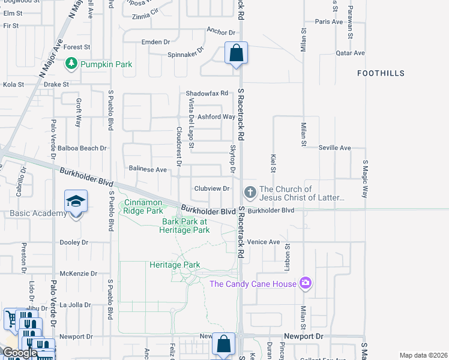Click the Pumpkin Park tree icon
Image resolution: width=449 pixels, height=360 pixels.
click(71, 63)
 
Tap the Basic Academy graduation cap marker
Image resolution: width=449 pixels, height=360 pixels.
click(76, 201)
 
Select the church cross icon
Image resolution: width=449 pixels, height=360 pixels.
click(250, 193)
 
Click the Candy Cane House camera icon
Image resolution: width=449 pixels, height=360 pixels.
click(306, 283)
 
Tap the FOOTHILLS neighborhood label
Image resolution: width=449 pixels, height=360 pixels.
click(381, 73)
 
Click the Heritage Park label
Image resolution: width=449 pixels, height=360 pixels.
click(175, 265)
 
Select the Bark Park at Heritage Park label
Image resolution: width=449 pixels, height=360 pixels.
click(185, 226)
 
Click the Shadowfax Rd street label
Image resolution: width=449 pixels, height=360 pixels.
click(207, 94)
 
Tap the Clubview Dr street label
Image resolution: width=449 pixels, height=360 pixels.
click(212, 188)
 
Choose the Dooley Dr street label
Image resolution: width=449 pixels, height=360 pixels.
click(74, 242)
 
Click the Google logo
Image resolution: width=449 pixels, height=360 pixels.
click(20, 353)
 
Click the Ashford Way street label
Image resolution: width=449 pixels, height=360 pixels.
click(217, 117)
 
